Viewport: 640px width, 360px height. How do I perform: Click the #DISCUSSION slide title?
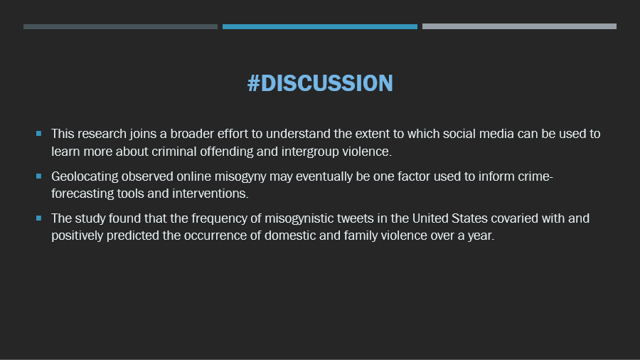320,83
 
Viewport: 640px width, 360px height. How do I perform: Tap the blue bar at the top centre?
319,26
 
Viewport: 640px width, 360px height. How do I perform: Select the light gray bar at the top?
519,26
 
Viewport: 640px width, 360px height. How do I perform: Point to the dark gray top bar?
120,26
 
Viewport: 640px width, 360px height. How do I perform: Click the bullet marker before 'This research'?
39,134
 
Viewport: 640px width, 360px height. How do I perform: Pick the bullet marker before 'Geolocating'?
39,176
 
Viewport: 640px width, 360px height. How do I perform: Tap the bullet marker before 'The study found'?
39,218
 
